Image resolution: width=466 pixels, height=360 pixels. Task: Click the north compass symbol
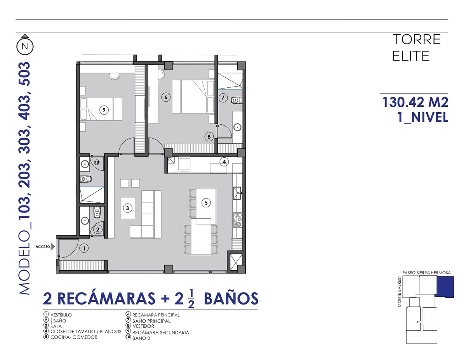click(25, 46)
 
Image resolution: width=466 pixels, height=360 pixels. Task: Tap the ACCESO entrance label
click(43, 247)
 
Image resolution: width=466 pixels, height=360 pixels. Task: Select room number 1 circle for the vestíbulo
click(84, 248)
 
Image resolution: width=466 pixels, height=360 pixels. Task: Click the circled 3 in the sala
click(128, 208)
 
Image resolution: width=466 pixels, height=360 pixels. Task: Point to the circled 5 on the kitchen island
click(206, 203)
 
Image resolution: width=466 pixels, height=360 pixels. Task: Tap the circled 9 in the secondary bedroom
click(104, 110)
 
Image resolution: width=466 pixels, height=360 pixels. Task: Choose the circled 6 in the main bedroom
click(166, 97)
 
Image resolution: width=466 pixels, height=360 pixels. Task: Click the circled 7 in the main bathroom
click(223, 97)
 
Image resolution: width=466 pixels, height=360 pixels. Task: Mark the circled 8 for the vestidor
click(209, 137)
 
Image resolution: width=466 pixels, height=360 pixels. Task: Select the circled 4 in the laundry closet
click(224, 162)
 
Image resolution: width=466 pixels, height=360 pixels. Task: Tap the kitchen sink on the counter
click(237, 193)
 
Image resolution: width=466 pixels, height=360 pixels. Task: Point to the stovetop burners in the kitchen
click(238, 219)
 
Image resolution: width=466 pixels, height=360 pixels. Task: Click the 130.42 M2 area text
click(415, 102)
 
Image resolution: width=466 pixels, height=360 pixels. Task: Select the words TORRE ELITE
click(416, 48)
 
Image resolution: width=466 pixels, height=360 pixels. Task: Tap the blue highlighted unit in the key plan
click(445, 287)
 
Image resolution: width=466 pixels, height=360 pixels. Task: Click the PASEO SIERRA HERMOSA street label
click(426, 273)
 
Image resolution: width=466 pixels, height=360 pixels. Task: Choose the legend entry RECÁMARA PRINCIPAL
click(156, 315)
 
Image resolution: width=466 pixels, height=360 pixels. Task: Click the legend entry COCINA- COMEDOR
click(74, 337)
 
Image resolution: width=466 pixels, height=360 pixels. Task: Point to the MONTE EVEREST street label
click(399, 291)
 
